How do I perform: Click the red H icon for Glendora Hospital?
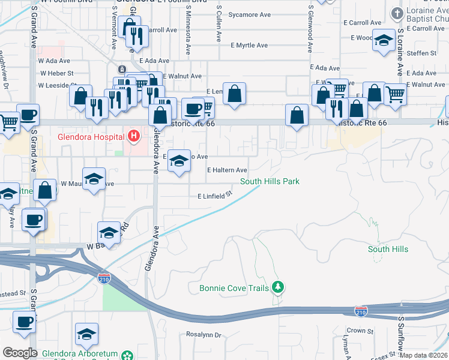133,137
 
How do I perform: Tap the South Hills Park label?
270,181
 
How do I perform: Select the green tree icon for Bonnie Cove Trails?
277,288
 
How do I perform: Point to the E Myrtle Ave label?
249,45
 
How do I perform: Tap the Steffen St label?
421,53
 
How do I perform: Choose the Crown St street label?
360,331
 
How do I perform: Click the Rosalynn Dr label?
204,335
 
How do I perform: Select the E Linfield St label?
214,196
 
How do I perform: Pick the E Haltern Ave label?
227,170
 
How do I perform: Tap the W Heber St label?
56,73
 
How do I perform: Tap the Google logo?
20,353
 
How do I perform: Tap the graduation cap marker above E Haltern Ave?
178,161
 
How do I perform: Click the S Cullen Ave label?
220,19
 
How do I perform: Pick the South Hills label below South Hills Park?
388,249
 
